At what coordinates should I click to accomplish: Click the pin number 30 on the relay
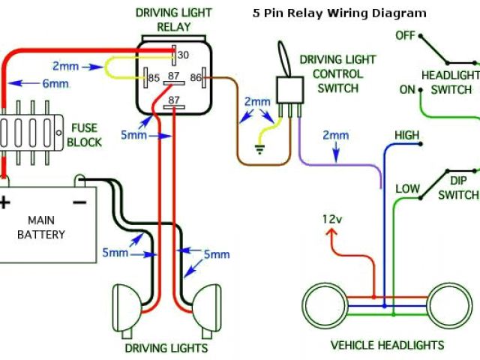[x=183, y=55]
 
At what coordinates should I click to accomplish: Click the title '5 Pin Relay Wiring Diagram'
[x=339, y=13]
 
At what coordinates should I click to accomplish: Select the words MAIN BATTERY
[x=46, y=227]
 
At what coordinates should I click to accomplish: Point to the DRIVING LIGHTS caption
[x=166, y=348]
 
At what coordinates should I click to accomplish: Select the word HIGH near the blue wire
[x=407, y=135]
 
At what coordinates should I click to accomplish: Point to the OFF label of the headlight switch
[x=405, y=35]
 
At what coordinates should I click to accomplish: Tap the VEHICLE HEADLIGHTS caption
[x=387, y=346]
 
